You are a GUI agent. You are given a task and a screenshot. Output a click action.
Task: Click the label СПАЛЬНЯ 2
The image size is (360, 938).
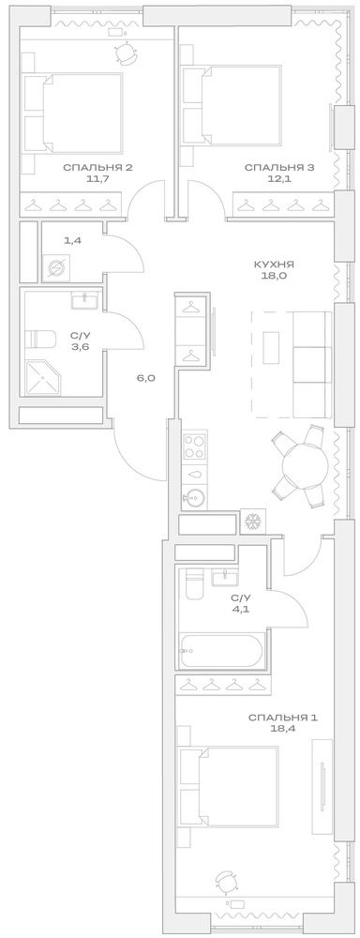[97, 168]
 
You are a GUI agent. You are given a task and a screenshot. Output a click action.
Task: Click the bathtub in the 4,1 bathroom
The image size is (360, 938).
[223, 650]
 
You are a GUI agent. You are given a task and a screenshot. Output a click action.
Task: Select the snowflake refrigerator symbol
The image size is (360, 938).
[252, 522]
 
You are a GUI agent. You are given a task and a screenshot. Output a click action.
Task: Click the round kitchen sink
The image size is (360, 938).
[195, 497]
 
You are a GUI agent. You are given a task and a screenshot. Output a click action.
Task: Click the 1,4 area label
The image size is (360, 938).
[72, 241]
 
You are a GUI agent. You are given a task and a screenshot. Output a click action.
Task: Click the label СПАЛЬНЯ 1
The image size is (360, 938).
[282, 718]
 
